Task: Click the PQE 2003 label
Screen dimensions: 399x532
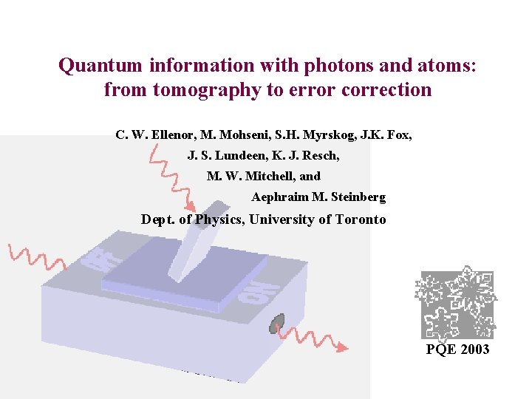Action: tap(457, 349)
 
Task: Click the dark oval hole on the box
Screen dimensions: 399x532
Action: tap(278, 322)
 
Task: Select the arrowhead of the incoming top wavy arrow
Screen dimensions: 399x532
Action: tap(191, 206)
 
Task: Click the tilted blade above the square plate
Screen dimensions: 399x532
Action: tap(196, 236)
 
